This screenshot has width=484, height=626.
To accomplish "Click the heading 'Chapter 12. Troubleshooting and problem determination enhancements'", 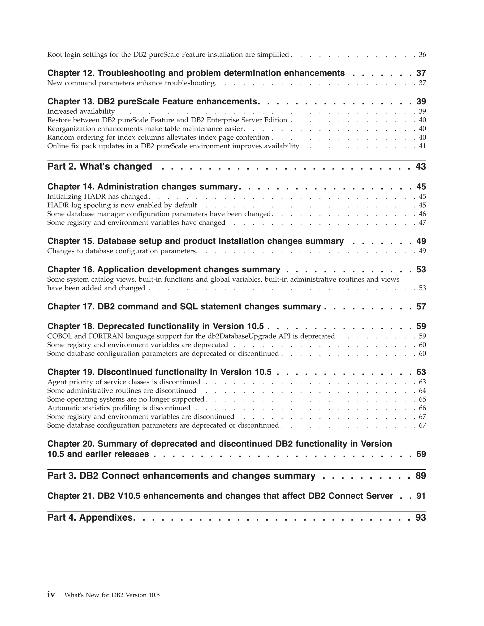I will [x=196, y=73].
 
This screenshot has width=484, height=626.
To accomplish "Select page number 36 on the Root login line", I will [x=422, y=55].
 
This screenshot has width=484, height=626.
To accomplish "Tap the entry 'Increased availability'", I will [x=81, y=111].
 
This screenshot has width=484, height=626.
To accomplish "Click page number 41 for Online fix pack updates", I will [x=422, y=146].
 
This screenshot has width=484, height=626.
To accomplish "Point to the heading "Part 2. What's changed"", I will [x=99, y=166].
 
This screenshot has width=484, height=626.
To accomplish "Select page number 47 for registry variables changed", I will [x=422, y=223].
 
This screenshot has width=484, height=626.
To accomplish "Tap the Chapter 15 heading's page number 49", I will [x=421, y=241].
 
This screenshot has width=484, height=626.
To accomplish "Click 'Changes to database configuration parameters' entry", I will [x=122, y=251].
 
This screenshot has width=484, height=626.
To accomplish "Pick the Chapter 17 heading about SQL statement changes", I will [x=184, y=306].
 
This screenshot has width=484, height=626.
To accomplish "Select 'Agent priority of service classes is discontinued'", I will [x=124, y=382].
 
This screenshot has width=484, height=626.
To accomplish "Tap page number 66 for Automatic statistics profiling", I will [x=422, y=408].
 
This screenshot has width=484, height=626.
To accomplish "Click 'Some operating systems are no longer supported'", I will [x=125, y=399].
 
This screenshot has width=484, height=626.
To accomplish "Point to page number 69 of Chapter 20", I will [x=421, y=454].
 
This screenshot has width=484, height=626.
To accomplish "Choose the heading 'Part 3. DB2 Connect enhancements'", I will [x=181, y=476].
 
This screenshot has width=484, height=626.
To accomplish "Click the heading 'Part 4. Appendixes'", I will [x=90, y=517].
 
